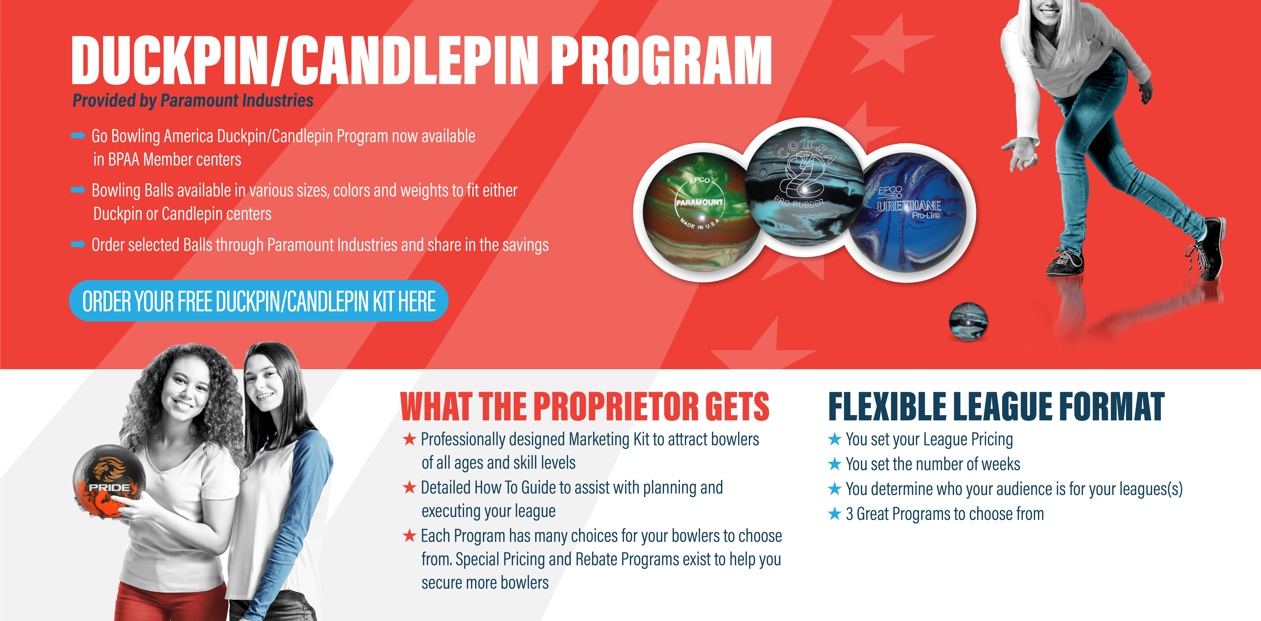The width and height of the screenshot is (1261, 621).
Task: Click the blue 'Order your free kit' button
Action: [x=258, y=301]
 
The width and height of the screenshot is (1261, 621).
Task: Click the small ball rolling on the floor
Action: [x=968, y=321]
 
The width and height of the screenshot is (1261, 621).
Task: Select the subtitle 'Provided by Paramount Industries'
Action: [x=193, y=100]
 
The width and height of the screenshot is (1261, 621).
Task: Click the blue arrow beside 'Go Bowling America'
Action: [x=78, y=136]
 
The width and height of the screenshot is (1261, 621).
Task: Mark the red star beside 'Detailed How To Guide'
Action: [x=409, y=487]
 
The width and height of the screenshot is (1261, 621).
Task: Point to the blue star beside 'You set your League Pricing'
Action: [x=835, y=439]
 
